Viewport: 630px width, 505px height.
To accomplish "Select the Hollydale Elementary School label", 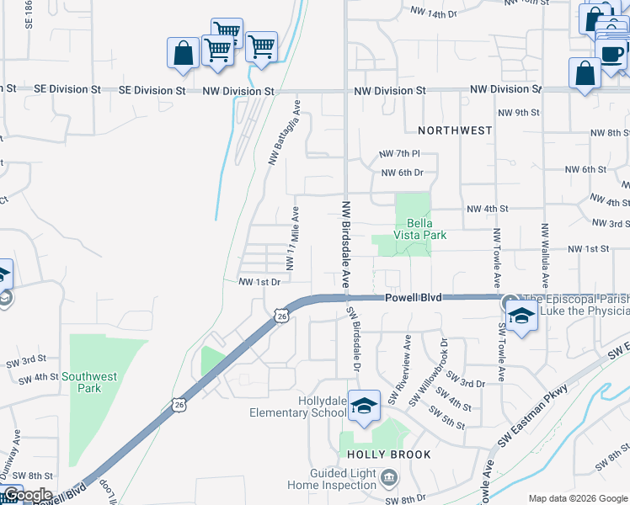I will coord(298,407).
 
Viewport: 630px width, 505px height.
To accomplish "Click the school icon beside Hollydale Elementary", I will coord(364,407).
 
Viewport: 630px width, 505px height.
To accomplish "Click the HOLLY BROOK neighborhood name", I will coord(389,454).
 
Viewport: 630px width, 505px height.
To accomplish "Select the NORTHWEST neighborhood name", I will coord(455,130).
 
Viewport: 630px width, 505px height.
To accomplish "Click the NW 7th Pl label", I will coord(399,154).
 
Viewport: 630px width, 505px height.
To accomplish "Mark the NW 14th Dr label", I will coord(433,13).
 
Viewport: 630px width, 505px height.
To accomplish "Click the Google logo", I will coord(28,495).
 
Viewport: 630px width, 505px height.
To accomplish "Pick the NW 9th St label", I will coord(518,113).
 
